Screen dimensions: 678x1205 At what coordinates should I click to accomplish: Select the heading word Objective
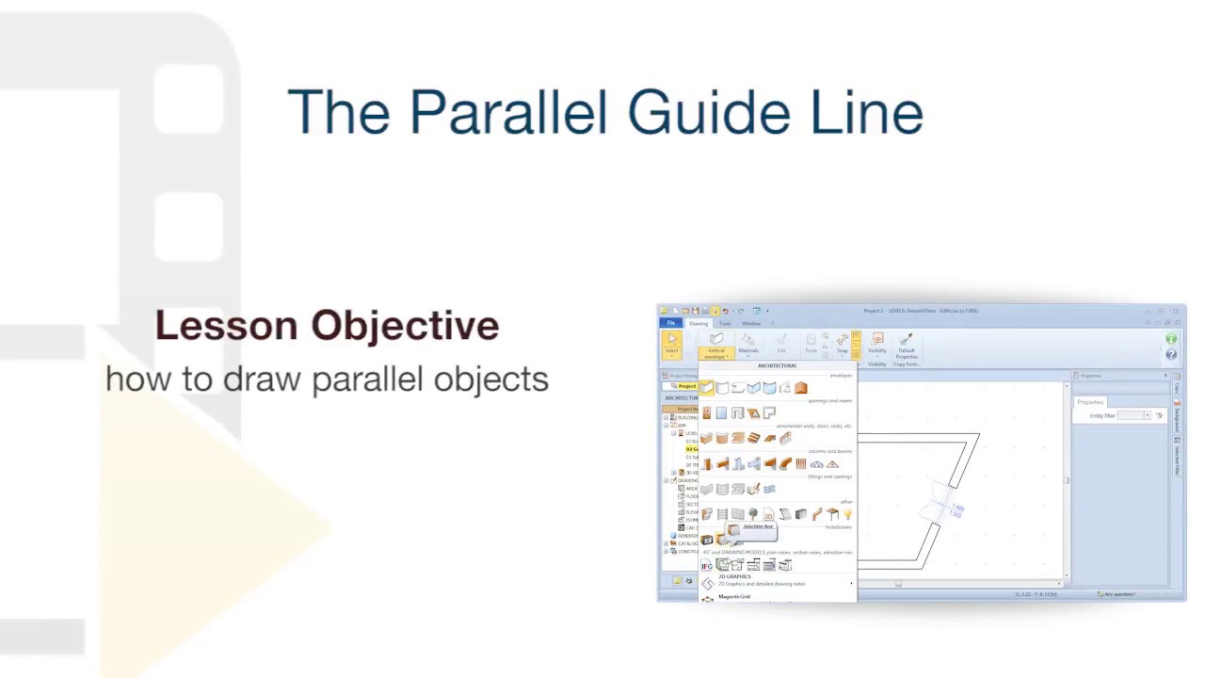point(405,326)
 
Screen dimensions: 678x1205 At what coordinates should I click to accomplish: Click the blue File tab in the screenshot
point(671,323)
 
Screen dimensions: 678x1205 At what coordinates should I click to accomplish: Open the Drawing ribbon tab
point(699,323)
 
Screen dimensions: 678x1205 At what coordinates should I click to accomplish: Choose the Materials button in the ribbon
point(747,344)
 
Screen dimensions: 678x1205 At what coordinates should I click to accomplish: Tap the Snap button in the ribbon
point(842,344)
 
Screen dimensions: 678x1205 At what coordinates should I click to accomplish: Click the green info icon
point(1171,339)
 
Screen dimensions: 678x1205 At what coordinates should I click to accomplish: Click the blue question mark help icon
point(1171,354)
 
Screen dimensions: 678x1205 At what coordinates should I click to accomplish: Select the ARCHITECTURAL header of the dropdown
point(777,365)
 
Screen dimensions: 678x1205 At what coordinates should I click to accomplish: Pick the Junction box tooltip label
point(758,526)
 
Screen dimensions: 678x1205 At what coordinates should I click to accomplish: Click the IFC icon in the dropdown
point(707,565)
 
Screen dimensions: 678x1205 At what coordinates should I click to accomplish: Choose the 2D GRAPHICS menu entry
point(735,576)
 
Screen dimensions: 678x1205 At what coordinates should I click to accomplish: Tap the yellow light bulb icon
point(847,514)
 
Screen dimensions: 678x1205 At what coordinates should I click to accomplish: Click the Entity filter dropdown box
point(1133,415)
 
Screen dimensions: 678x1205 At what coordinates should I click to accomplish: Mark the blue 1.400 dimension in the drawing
point(956,509)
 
